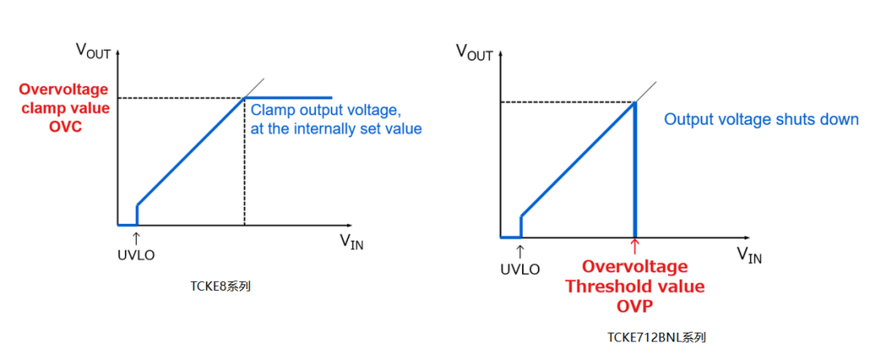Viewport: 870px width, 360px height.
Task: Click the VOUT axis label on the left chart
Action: (93, 52)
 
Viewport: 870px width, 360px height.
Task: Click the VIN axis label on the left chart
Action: (352, 242)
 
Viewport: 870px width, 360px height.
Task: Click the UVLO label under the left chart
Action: (135, 256)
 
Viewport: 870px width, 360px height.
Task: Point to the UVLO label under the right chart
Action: (520, 270)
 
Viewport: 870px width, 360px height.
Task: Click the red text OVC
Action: (65, 126)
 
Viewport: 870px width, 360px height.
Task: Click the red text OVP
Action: (634, 307)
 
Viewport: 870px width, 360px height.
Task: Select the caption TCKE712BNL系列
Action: (657, 337)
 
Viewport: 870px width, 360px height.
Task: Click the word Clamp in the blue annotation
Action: (269, 110)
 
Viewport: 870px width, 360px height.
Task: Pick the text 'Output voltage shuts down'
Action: (761, 119)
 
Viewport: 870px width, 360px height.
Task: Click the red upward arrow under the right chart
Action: (635, 246)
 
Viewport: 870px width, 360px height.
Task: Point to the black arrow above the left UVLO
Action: (136, 239)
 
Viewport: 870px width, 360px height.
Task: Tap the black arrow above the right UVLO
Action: (520, 251)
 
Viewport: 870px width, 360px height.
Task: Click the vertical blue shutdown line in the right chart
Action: (635, 169)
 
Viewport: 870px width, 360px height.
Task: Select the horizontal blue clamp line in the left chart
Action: (288, 97)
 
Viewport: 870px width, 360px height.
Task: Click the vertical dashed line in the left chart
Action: (244, 162)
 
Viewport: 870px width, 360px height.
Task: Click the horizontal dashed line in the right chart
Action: (567, 101)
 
